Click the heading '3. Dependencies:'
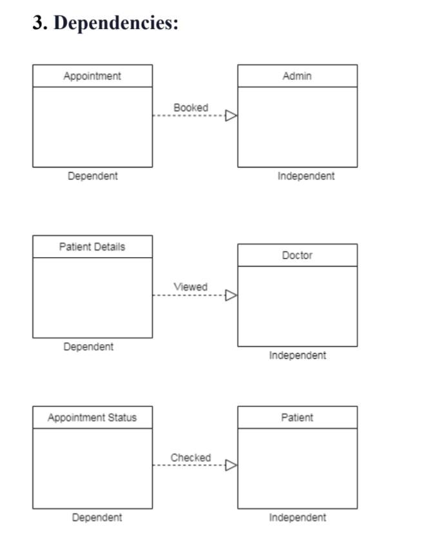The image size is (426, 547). (106, 23)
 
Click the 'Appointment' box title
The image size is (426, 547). (92, 76)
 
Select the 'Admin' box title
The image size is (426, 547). (297, 76)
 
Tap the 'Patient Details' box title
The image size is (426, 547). (92, 247)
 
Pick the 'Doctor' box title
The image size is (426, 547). (297, 255)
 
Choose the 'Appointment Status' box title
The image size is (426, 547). (92, 417)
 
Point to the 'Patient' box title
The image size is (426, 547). (297, 417)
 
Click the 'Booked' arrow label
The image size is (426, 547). (191, 108)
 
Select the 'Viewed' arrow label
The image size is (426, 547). (191, 287)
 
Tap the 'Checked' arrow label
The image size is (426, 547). (191, 457)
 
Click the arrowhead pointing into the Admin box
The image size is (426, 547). (231, 116)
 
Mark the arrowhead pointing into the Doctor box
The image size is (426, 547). (231, 295)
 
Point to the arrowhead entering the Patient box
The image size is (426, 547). (231, 465)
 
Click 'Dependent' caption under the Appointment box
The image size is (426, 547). (93, 176)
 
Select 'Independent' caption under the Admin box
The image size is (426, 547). (306, 176)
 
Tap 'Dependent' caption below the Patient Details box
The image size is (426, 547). (88, 347)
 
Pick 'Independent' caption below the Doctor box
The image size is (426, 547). (297, 355)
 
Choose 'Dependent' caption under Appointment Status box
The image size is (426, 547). (97, 517)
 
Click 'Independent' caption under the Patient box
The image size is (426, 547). (297, 517)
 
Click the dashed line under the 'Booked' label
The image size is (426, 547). (187, 116)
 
